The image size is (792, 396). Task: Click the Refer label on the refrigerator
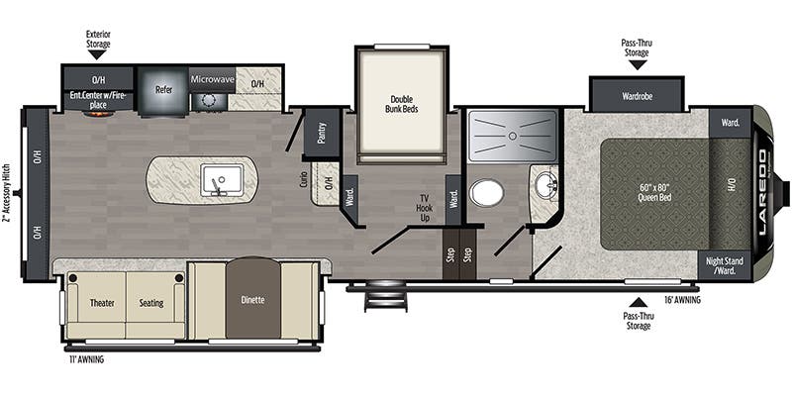tap(164, 89)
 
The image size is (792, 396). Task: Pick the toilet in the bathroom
tap(486, 192)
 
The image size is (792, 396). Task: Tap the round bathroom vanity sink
tap(544, 185)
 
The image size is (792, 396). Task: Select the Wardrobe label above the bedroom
tap(636, 97)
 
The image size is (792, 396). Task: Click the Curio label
tap(303, 180)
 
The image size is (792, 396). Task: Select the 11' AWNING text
tap(86, 359)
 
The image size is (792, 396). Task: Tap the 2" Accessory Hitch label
tap(8, 194)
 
